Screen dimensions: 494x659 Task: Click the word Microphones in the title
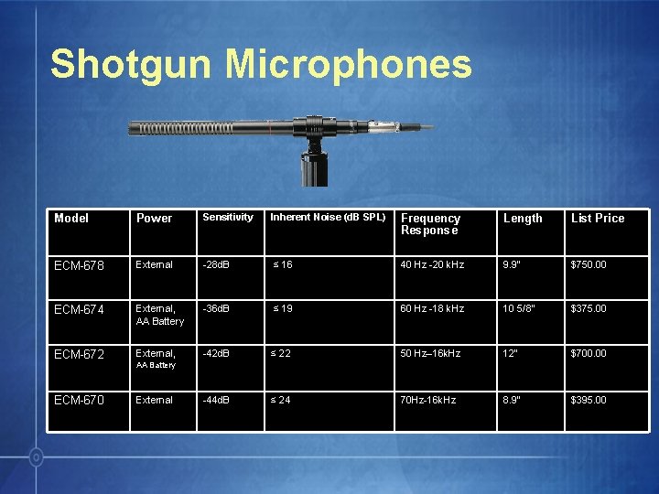tap(349, 65)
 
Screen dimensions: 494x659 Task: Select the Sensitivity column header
tap(228, 218)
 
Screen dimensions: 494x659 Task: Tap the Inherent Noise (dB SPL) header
tap(328, 218)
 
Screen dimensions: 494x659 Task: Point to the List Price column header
tap(598, 219)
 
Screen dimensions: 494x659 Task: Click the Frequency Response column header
tap(430, 224)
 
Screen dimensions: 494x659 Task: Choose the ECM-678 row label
tap(80, 265)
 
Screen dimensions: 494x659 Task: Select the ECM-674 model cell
tap(80, 309)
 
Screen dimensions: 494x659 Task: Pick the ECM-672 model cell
tap(80, 354)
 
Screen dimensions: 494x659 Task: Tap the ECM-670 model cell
tap(80, 401)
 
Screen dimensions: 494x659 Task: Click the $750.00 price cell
tap(589, 265)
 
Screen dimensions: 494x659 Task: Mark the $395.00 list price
tap(589, 401)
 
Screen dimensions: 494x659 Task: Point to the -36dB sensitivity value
tap(217, 309)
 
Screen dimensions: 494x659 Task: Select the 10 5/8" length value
tap(520, 309)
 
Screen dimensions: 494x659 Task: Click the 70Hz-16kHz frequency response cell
tap(427, 401)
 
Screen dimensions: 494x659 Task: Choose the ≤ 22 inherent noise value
tap(280, 354)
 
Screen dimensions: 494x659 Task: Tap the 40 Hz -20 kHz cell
tap(432, 265)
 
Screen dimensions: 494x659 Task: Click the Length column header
tap(523, 219)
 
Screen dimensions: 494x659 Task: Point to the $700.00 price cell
tap(589, 354)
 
